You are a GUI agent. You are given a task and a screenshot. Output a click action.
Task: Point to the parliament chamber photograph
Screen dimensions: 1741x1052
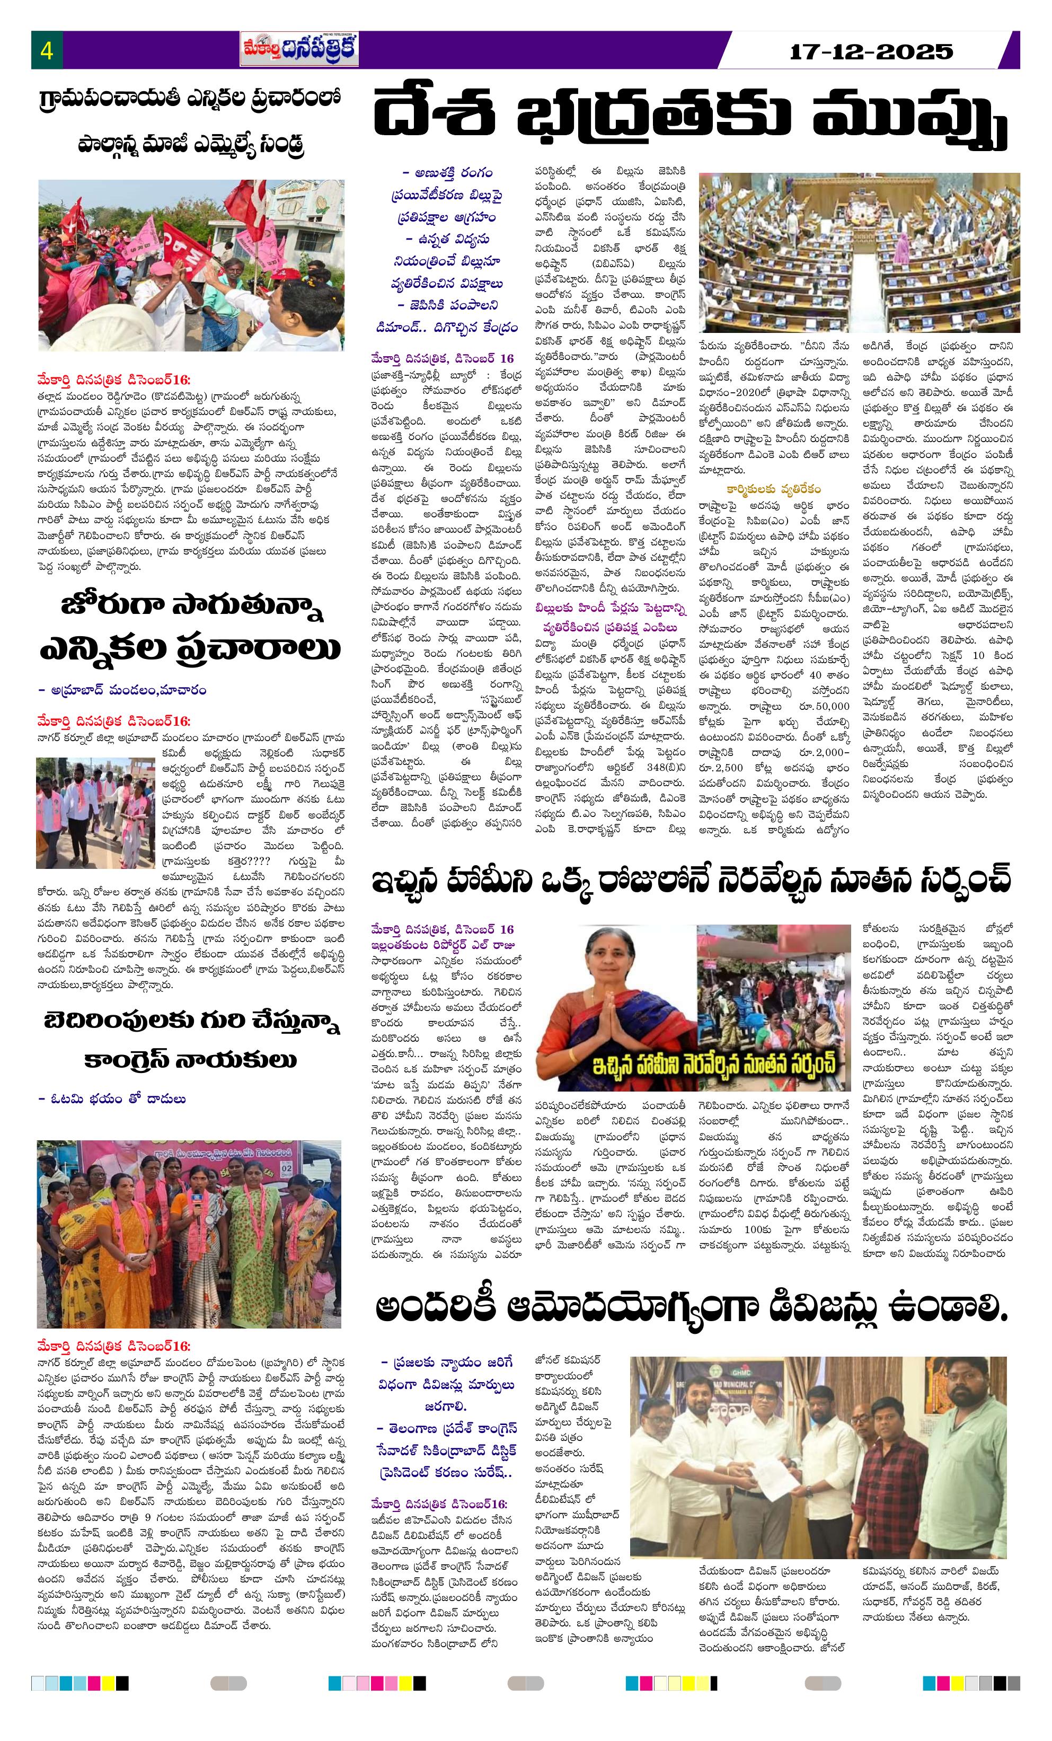click(x=859, y=252)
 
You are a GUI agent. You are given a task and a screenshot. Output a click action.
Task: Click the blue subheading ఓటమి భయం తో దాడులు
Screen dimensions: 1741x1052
click(x=113, y=1098)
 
